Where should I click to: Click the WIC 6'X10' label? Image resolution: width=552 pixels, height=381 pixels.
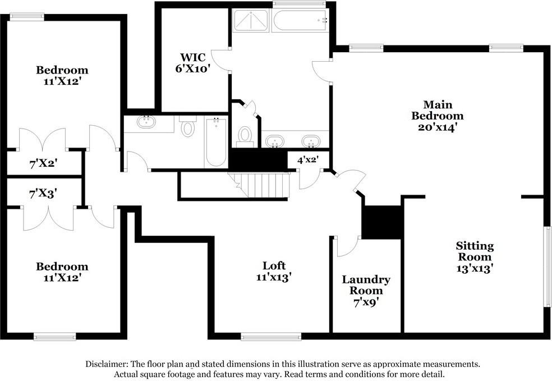pyautogui.click(x=192, y=63)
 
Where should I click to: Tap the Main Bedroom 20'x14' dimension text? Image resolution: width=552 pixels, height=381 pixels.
pyautogui.click(x=437, y=127)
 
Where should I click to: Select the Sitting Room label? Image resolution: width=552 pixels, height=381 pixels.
pyautogui.click(x=475, y=251)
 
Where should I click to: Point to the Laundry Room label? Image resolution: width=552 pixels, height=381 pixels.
pyautogui.click(x=366, y=285)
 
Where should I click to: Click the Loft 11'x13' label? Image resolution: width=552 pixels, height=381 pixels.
pyautogui.click(x=274, y=271)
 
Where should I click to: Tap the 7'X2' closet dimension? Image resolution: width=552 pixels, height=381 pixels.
pyautogui.click(x=44, y=163)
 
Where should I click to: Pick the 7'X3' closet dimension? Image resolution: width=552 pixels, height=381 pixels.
pyautogui.click(x=43, y=194)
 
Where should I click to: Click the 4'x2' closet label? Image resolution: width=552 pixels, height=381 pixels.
pyautogui.click(x=307, y=160)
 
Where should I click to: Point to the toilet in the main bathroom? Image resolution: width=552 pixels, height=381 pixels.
pyautogui.click(x=245, y=137)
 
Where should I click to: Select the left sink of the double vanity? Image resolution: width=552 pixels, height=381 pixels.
pyautogui.click(x=274, y=141)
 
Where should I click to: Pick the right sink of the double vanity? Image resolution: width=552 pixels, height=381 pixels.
pyautogui.click(x=311, y=141)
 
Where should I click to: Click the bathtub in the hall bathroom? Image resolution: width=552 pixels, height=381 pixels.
pyautogui.click(x=216, y=143)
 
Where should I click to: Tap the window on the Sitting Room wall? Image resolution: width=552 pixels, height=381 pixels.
pyautogui.click(x=548, y=267)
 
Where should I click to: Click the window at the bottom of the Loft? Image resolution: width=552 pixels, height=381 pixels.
pyautogui.click(x=271, y=337)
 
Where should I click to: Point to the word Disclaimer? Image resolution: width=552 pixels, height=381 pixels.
pyautogui.click(x=107, y=364)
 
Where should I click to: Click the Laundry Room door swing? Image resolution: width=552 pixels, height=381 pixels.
pyautogui.click(x=348, y=246)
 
